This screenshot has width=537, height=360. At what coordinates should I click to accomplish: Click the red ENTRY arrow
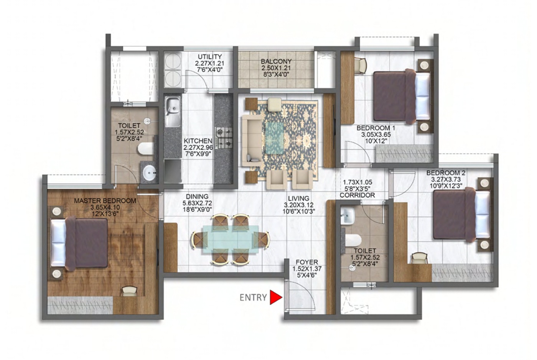[x=276, y=297]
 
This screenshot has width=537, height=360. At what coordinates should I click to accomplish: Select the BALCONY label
[x=276, y=61]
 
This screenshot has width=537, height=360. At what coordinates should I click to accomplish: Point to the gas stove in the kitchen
[x=224, y=138]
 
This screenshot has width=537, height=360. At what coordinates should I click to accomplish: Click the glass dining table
[x=231, y=239]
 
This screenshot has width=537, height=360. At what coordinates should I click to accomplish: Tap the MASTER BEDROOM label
[x=105, y=201]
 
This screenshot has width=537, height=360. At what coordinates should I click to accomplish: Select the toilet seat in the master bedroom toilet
[x=145, y=149]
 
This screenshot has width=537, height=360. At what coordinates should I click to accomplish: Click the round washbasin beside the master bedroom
[x=150, y=172]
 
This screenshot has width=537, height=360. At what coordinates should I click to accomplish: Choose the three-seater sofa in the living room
[x=252, y=140]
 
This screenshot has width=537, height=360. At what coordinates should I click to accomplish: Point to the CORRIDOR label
[x=357, y=195]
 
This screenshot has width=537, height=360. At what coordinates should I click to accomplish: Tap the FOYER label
[x=306, y=262]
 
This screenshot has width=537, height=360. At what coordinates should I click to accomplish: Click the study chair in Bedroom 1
[x=360, y=66]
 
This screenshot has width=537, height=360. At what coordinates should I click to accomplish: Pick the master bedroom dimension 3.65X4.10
[x=105, y=207]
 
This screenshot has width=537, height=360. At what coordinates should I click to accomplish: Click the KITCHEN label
[x=198, y=141]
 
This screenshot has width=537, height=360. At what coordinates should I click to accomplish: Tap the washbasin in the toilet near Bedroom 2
[x=348, y=216]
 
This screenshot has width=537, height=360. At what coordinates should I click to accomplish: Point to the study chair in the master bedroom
[x=130, y=291]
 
